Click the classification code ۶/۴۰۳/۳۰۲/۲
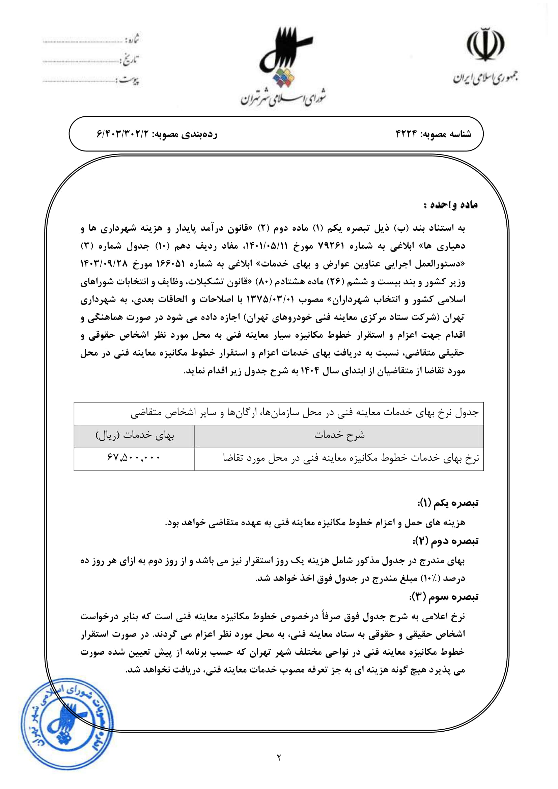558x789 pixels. click(x=122, y=134)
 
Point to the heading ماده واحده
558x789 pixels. click(x=451, y=205)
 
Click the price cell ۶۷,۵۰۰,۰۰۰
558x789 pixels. click(x=134, y=458)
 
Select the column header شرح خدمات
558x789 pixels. click(x=339, y=435)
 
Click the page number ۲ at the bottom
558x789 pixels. click(x=279, y=757)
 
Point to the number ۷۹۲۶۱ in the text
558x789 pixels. click(x=331, y=246)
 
